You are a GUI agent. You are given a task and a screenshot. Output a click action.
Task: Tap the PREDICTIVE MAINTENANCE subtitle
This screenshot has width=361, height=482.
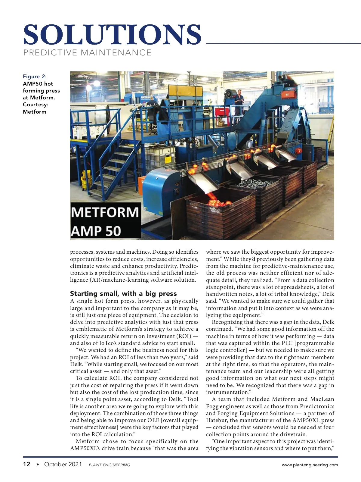[x=87, y=53]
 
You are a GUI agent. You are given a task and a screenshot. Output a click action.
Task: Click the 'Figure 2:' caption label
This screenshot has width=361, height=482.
[x=35, y=77]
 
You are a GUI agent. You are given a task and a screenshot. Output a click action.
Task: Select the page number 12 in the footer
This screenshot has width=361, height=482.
[x=27, y=464]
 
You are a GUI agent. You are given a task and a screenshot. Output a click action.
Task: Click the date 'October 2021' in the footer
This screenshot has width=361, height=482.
[x=63, y=464]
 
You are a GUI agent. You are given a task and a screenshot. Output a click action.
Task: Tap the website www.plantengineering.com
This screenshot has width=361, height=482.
[x=310, y=465]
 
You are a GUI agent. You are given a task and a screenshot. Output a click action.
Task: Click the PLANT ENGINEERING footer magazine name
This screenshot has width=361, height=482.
[x=110, y=465]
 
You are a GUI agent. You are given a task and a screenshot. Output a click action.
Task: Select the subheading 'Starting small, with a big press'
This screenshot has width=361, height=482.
[x=123, y=293]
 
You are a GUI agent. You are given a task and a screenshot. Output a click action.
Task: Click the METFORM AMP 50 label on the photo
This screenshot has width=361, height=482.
[x=105, y=221]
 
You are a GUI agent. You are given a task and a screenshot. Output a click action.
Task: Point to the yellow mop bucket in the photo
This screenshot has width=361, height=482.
[x=86, y=178]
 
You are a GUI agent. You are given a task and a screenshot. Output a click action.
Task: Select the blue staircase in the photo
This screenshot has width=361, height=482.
[x=114, y=163]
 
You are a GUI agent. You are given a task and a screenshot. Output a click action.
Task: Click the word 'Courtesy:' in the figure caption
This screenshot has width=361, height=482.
[x=35, y=105]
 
